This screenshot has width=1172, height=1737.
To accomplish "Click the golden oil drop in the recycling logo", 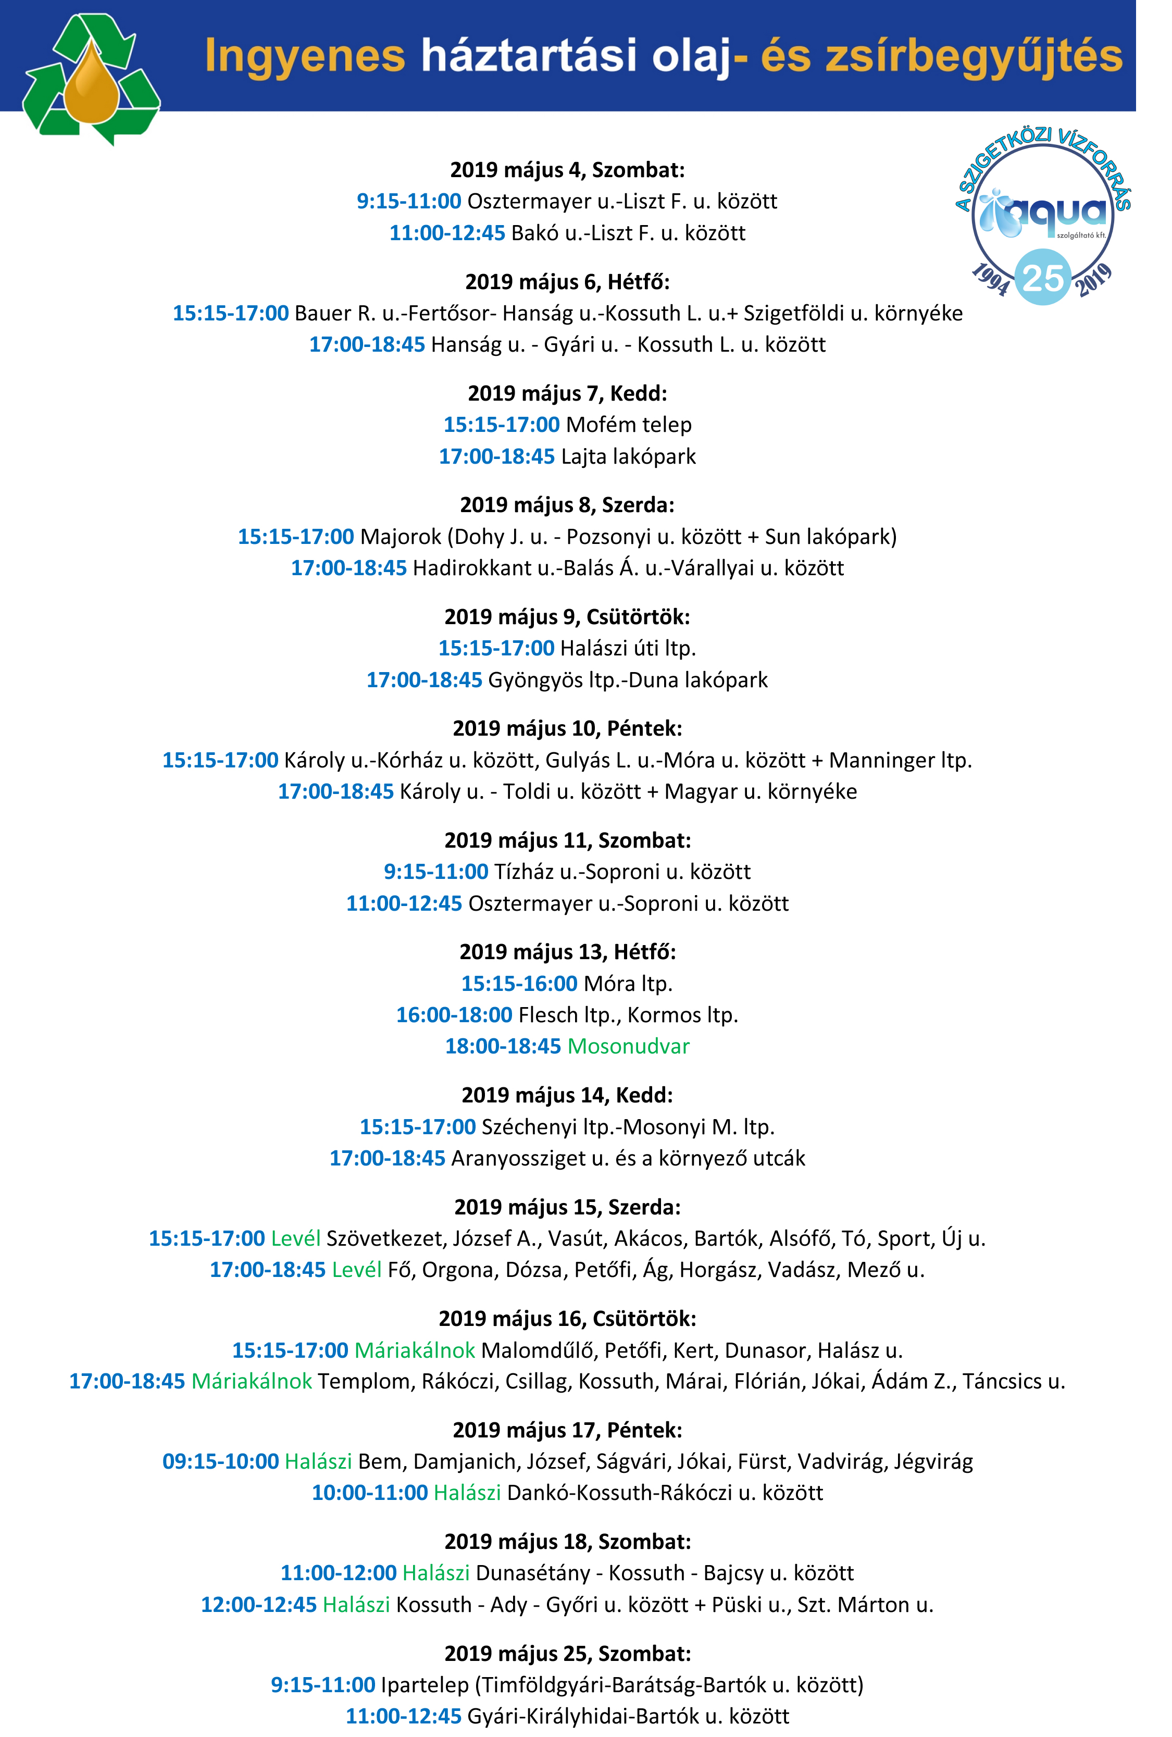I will click(91, 88).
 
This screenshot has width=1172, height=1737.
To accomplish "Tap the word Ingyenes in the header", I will click(305, 57).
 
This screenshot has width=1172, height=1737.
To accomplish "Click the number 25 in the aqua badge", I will click(1043, 278).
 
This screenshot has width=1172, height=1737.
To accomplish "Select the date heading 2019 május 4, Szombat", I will click(567, 170).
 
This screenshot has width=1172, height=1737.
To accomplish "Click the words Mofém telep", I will click(628, 425).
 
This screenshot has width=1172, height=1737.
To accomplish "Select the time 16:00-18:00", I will click(454, 1014).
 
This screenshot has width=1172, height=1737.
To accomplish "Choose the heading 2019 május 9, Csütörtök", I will click(567, 617).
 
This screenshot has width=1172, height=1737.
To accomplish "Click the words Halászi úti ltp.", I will click(628, 648).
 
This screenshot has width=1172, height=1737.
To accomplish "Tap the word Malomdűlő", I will click(539, 1350).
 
